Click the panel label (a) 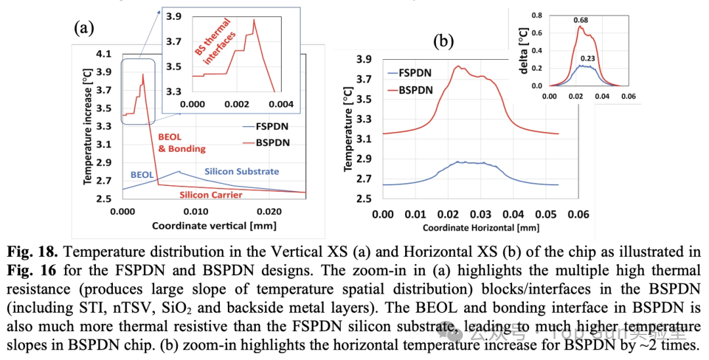[85, 28]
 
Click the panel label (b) [444, 41]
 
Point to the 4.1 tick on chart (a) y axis [104, 54]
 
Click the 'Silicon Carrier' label [211, 194]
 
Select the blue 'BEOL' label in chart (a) [142, 175]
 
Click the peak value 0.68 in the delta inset [580, 20]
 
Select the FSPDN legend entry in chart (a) [258, 125]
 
